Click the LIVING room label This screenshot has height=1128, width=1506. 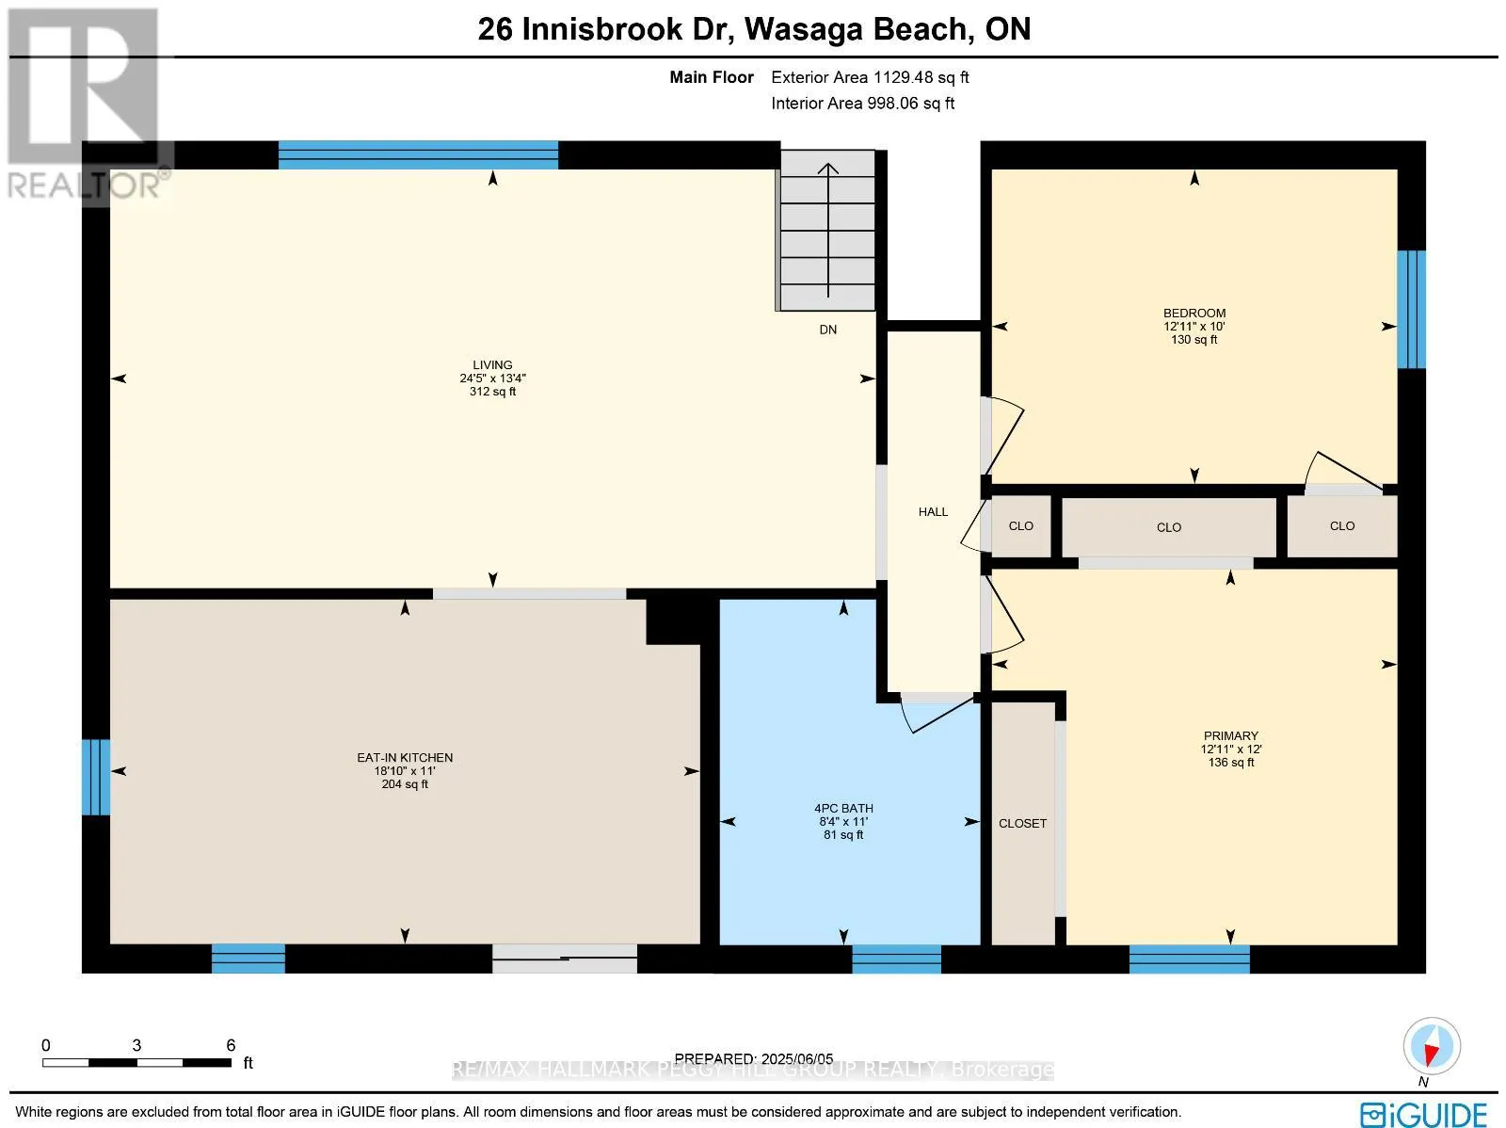[492, 365]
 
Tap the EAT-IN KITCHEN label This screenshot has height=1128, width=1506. [405, 758]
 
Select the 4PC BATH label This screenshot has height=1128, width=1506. [843, 809]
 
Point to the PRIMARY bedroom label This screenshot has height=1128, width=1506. [1230, 736]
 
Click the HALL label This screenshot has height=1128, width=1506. [933, 512]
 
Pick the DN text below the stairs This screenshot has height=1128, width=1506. [827, 330]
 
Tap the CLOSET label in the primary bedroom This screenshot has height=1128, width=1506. [1022, 824]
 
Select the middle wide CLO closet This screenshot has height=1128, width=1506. [1168, 528]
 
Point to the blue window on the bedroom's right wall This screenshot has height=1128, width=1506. [1410, 309]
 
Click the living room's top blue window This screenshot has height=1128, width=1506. [418, 154]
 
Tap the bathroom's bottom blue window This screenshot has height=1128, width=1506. [896, 959]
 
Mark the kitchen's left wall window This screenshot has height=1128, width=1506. [95, 777]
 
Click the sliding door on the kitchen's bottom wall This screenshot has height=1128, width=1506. [565, 959]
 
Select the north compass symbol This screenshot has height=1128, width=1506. [1431, 1047]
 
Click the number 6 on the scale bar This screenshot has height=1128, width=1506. [231, 1045]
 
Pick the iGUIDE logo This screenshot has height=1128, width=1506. [1423, 1115]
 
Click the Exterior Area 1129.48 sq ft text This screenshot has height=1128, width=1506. [870, 78]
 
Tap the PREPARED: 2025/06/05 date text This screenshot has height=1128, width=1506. [754, 1059]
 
